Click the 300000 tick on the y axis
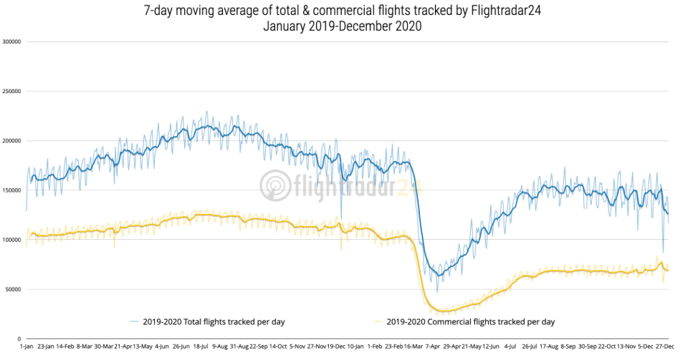tap(12, 41)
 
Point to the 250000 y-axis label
tap(12, 91)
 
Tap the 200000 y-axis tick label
tap(12, 141)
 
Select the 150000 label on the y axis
tap(12, 190)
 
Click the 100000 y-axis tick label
tap(12, 240)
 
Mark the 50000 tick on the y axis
tap(14, 289)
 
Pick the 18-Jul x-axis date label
tap(200, 346)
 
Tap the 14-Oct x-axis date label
tap(277, 346)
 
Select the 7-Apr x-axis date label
tap(432, 346)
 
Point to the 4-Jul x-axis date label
tap(510, 346)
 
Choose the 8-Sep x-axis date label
tap(568, 346)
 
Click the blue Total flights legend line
tap(140, 321)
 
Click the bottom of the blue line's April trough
tap(438, 276)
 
